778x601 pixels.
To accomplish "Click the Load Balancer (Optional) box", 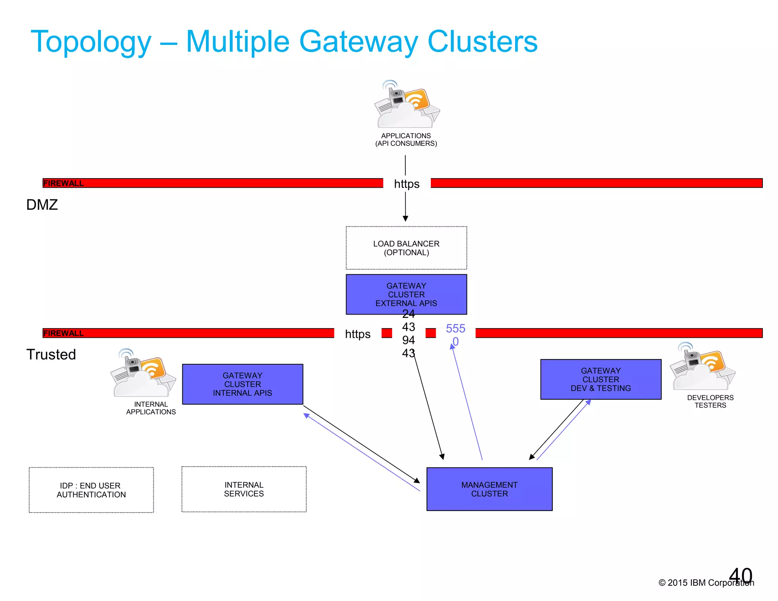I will tap(406, 248).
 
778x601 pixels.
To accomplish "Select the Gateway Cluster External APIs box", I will tap(406, 294).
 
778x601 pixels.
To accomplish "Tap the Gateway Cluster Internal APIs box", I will tap(242, 384).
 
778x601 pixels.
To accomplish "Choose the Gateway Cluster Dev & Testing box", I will tap(601, 379).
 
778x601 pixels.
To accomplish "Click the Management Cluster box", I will tap(489, 489).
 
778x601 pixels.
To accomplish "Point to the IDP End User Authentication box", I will tap(91, 490).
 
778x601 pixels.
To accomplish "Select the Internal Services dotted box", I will tap(244, 489).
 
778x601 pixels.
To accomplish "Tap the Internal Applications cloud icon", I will tap(143, 374).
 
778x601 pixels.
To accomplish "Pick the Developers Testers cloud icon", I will tap(702, 367).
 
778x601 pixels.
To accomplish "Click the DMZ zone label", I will tap(42, 205).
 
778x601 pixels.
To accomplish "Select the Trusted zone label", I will tap(51, 354).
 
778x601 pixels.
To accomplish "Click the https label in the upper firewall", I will tap(406, 184).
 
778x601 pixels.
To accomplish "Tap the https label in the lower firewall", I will tap(357, 334).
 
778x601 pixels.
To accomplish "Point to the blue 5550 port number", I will tap(455, 334).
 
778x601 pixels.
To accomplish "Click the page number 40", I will tap(740, 576).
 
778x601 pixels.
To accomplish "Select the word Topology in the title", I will tap(91, 42).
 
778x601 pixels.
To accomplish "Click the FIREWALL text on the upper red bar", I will tap(63, 183).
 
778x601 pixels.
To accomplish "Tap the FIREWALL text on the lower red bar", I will tap(63, 333).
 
